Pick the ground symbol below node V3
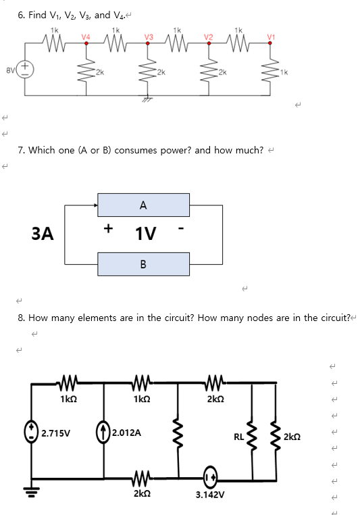click(x=147, y=98)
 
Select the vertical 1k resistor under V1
click(x=272, y=70)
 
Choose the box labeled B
click(x=143, y=264)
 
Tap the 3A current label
click(x=43, y=233)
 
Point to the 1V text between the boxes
click(x=147, y=234)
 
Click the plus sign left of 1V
click(x=107, y=228)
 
